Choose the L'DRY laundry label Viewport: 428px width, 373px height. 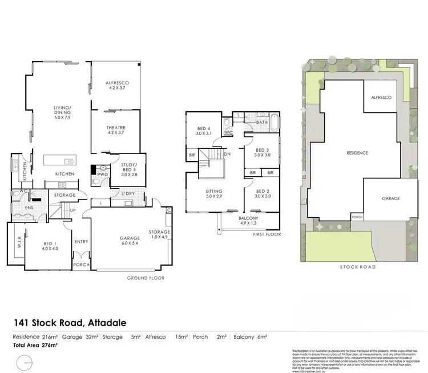point(128,194)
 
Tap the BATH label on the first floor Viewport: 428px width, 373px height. point(262,122)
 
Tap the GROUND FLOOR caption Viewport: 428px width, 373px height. point(146,278)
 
